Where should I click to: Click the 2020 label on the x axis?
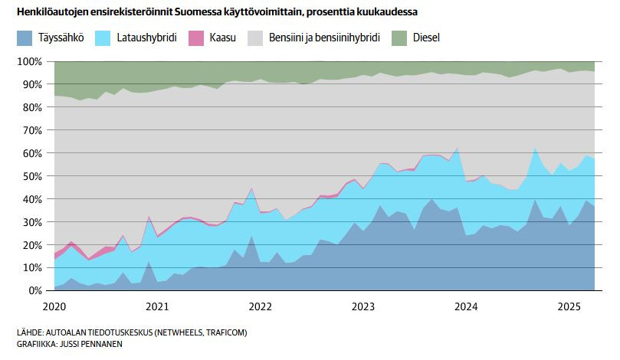[55, 306]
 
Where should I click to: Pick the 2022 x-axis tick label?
[261, 306]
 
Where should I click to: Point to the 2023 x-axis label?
[363, 306]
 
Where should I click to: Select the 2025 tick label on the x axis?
[569, 306]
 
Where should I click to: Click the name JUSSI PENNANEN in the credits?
[90, 344]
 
